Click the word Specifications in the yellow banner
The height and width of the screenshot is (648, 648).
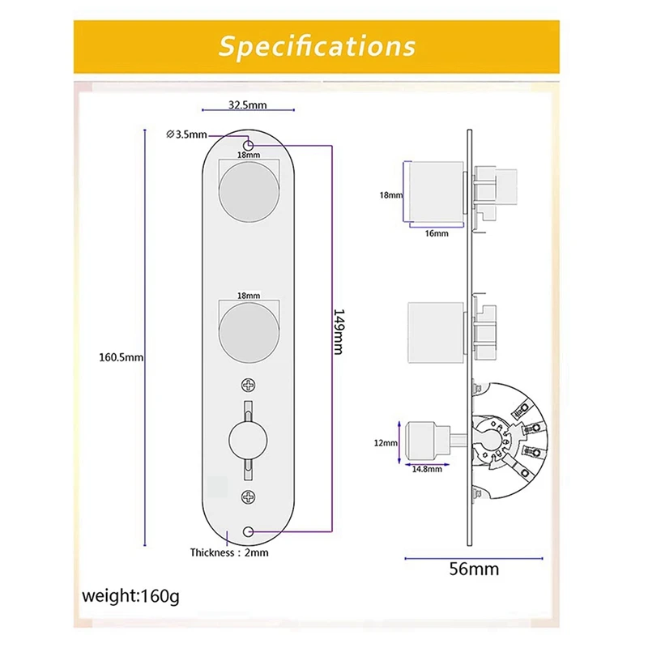pyautogui.click(x=317, y=45)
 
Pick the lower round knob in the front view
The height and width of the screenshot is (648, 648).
pyautogui.click(x=249, y=332)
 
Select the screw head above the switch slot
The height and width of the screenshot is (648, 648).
pyautogui.click(x=249, y=386)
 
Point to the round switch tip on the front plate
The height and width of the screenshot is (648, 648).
pyautogui.click(x=249, y=442)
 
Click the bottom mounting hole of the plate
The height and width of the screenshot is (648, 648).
pyautogui.click(x=249, y=531)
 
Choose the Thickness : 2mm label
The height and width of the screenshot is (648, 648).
pyautogui.click(x=229, y=552)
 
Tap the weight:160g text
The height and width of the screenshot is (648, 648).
pyautogui.click(x=130, y=597)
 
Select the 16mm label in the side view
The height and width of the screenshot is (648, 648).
pyautogui.click(x=436, y=233)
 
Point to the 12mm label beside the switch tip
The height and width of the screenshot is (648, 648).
pyautogui.click(x=386, y=443)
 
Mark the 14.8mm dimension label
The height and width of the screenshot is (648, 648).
pyautogui.click(x=426, y=469)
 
